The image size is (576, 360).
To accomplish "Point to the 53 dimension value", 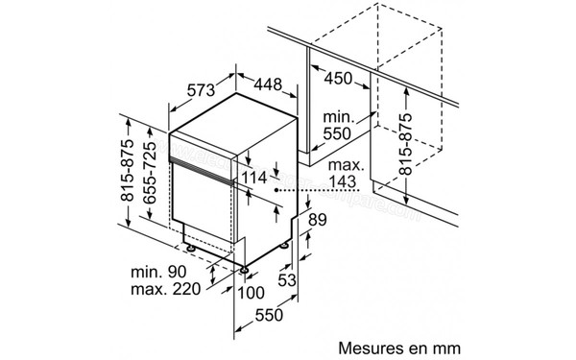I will (284, 279).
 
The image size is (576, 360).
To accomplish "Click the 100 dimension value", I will (252, 292).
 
